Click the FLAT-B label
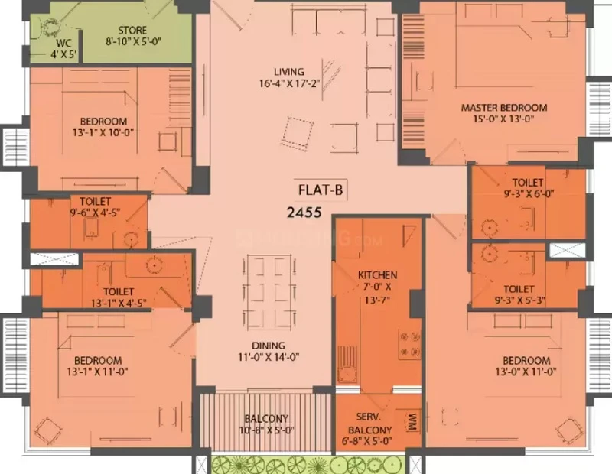321,190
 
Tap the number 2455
304,213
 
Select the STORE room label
132,30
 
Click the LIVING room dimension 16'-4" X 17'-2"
289,83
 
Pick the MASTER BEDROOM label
504,107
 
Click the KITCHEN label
377,275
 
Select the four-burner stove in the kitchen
409,344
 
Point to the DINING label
269,346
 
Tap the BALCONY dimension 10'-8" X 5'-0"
266,430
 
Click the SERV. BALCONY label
369,424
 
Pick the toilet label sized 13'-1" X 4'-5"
119,297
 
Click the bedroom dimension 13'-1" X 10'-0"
103,132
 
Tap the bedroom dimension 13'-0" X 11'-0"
526,372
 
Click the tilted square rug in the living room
298,131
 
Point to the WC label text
63,43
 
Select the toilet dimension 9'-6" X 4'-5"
95,213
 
